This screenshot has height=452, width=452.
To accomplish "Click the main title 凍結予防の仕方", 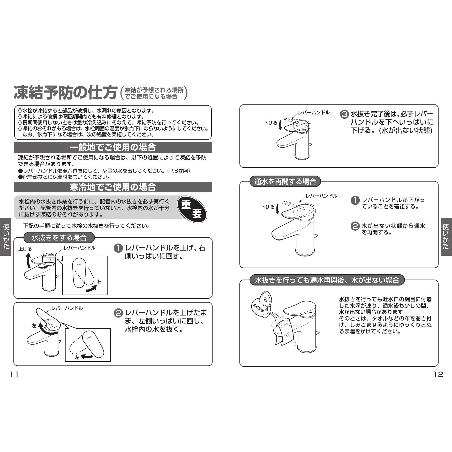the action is pos(65,93).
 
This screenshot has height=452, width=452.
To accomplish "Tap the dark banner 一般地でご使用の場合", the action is pos(113,147).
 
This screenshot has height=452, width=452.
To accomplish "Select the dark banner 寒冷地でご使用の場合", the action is pos(113,187).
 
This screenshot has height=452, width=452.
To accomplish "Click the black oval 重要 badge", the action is pos(192,209).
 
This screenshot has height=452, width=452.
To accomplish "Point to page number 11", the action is pos(14,374).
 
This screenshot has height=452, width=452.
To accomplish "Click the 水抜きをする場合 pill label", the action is pos(59,238).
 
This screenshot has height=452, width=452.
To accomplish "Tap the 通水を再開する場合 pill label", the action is pos(285,182).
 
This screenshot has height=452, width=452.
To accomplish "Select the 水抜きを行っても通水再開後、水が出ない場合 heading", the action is pos(327,280).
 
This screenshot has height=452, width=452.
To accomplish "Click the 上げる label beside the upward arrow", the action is pos(25,249).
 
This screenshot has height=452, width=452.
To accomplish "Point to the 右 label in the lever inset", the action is pos(99,282).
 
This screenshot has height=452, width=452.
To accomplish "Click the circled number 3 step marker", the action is pos(344,114).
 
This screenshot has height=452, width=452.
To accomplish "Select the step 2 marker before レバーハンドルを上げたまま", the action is pos(118,313).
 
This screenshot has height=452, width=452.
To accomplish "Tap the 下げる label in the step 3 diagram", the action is pos(270,123).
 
